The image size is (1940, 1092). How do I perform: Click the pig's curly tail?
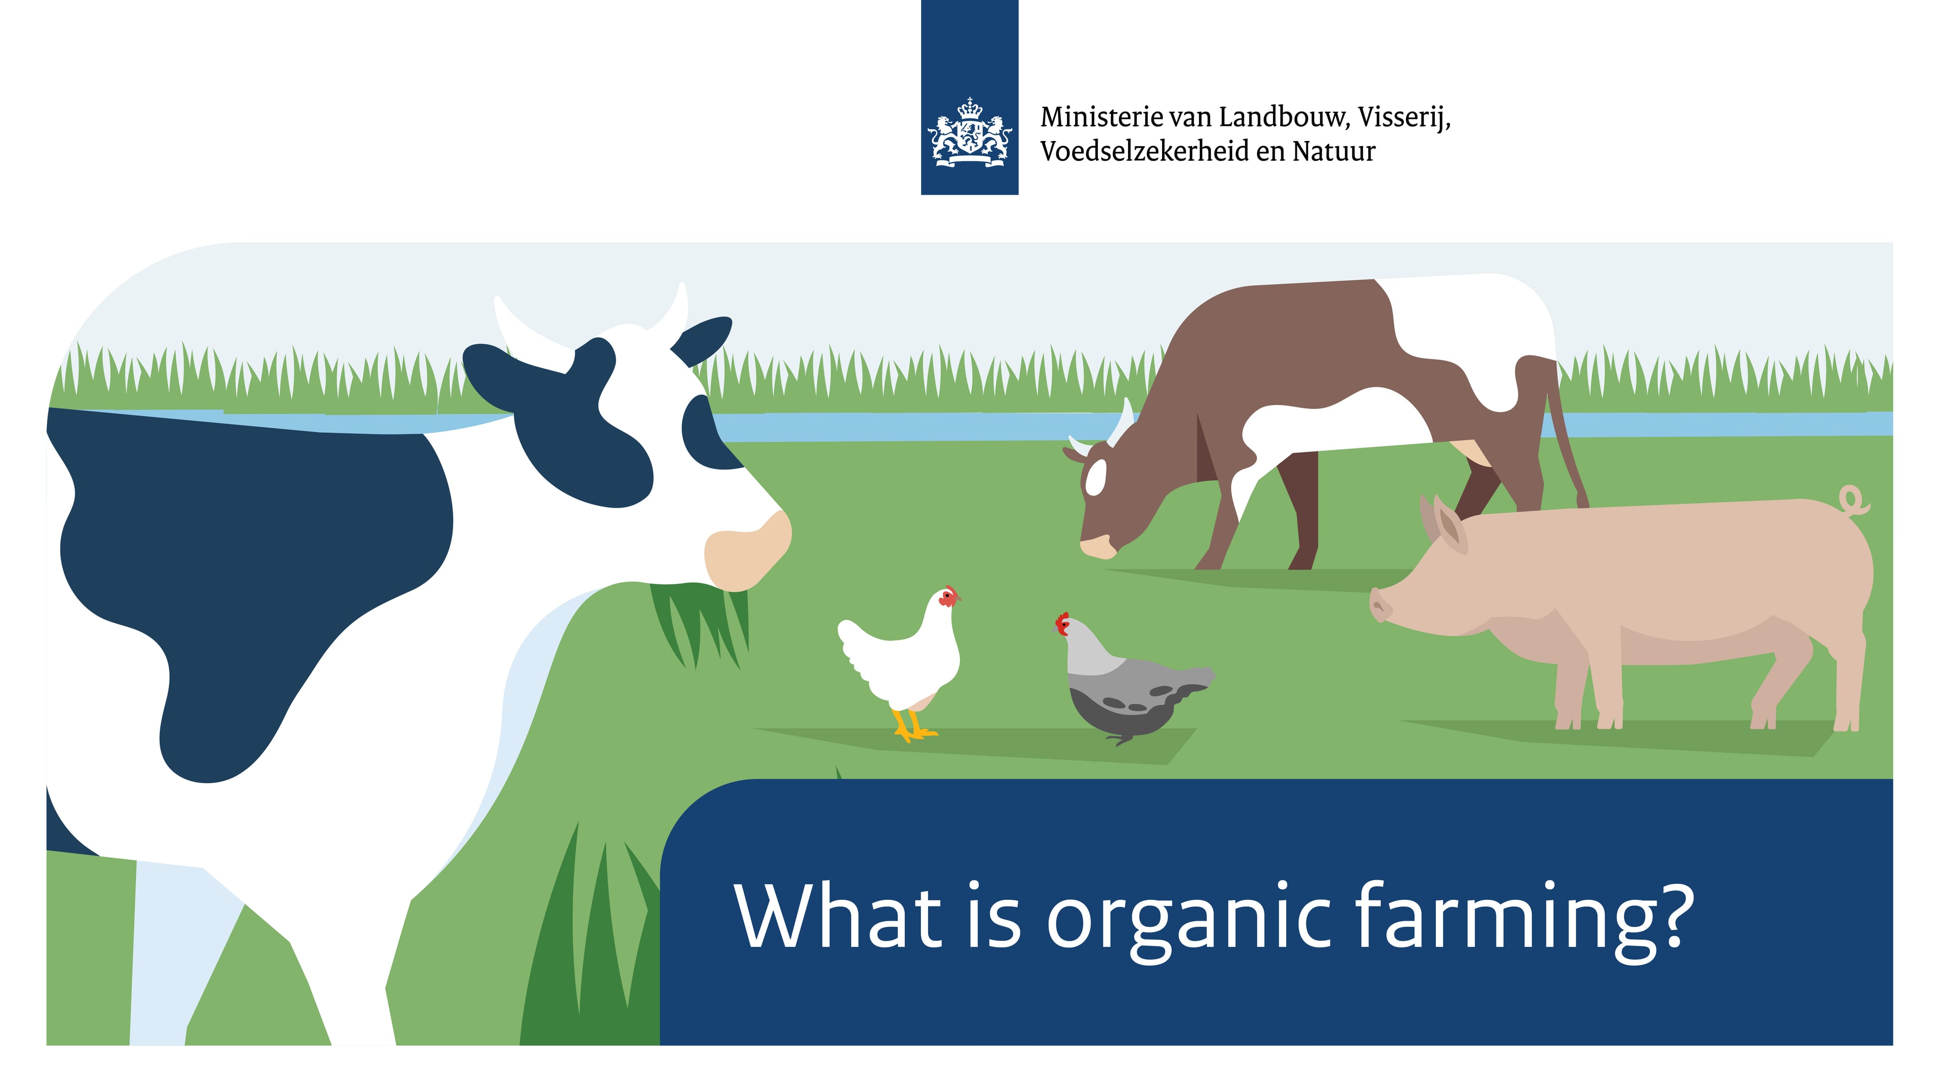[x=1853, y=500]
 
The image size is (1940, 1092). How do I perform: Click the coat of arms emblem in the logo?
[x=969, y=132]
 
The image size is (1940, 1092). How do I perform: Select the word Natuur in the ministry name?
[x=1334, y=152]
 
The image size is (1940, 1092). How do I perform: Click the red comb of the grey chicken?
[x=1062, y=623]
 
